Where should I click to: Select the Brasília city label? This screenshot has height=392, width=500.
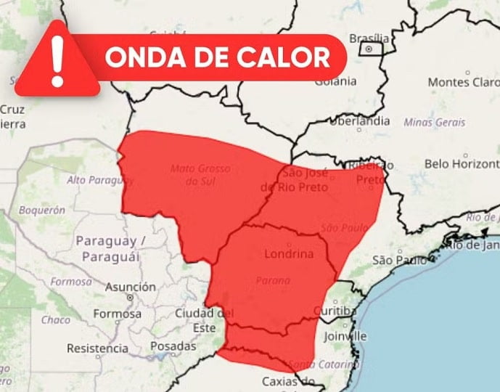click(369, 38)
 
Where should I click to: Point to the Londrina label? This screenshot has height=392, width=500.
click(290, 255)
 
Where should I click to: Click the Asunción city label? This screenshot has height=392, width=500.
click(130, 287)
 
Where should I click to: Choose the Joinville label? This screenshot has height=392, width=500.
click(345, 336)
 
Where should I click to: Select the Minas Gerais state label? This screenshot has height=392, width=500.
click(434, 122)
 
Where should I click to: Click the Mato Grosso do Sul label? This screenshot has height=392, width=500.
click(200, 174)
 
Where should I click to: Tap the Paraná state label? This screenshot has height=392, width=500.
click(273, 280)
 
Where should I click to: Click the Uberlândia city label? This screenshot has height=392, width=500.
click(363, 121)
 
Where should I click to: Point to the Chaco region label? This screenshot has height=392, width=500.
click(55, 319)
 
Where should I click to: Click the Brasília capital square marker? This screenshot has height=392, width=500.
click(370, 49)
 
